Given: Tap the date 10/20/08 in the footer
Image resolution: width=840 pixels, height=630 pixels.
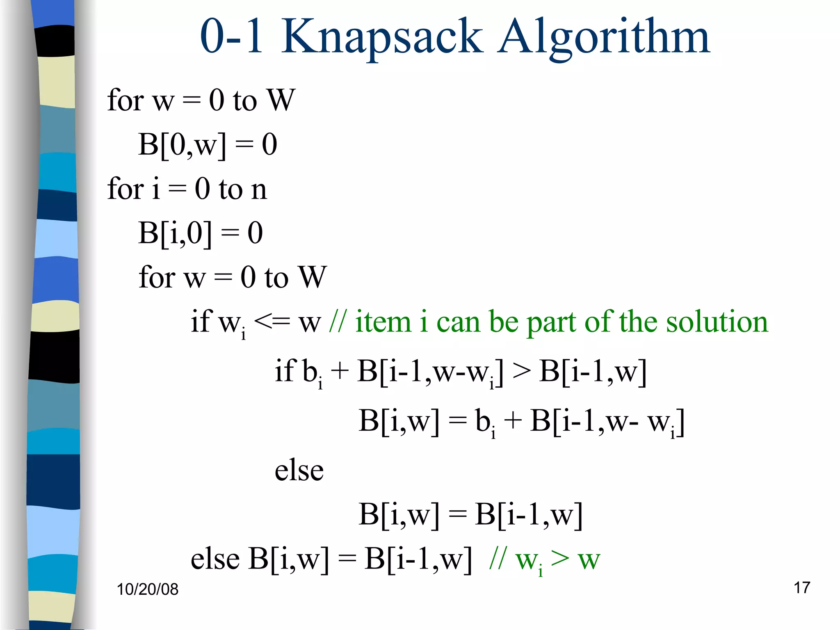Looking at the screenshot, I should (x=148, y=589).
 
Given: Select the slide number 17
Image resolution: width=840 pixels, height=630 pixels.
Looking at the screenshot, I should (x=801, y=587).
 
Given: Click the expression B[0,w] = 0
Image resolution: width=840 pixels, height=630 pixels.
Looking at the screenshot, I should (x=208, y=144).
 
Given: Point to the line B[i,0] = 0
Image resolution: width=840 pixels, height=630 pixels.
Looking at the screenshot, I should (x=200, y=233).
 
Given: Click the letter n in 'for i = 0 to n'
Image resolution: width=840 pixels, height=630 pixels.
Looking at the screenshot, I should (x=259, y=189).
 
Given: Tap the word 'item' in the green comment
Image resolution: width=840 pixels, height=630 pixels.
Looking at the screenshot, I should (x=383, y=321).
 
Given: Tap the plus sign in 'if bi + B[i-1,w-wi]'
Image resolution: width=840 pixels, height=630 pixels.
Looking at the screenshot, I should (x=340, y=371).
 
